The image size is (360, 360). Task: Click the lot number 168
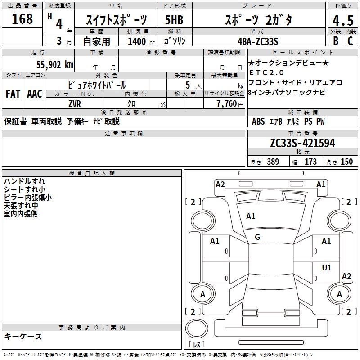(22, 19)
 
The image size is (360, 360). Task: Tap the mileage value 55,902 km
(50, 64)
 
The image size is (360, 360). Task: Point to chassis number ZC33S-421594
(302, 143)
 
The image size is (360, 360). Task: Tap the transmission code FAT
(13, 94)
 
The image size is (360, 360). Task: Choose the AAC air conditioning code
(34, 94)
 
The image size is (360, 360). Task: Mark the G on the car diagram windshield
(257, 237)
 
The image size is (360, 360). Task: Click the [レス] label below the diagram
(197, 345)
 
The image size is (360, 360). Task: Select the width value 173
(310, 162)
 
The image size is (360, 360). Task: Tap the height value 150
(346, 162)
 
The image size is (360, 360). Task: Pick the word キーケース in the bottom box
(23, 336)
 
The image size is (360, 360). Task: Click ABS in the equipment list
(258, 121)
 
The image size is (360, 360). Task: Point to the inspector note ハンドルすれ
(24, 181)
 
